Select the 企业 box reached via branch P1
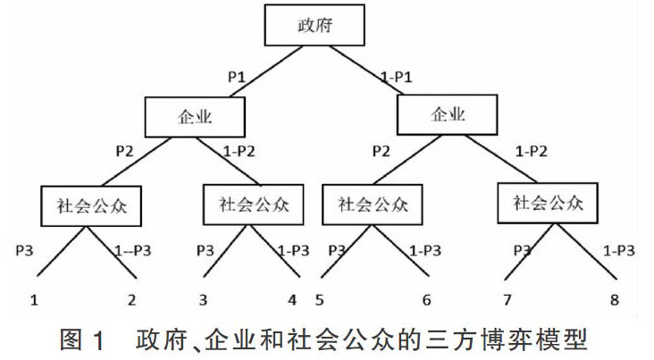(x=197, y=115)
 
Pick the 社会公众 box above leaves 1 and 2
(x=87, y=205)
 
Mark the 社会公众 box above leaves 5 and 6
(x=367, y=203)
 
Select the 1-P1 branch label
(x=397, y=79)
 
